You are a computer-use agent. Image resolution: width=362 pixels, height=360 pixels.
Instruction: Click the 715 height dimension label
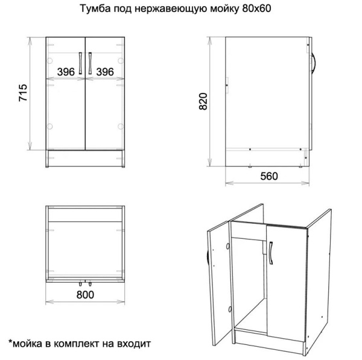(23, 94)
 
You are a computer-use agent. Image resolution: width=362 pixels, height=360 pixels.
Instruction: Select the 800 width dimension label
(86, 295)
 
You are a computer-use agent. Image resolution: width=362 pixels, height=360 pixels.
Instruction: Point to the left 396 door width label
(66, 72)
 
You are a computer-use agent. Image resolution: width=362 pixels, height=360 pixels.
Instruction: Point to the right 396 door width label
(105, 72)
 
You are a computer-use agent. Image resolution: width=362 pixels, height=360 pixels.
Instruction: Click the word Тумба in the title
(94, 10)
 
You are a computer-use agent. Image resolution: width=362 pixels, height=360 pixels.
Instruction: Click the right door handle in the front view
(89, 63)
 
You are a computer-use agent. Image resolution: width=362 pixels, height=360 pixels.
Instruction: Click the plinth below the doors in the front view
(85, 159)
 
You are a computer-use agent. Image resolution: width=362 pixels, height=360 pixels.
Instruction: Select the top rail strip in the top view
(85, 214)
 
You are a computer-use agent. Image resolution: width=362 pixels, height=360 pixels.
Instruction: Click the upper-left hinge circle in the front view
(50, 61)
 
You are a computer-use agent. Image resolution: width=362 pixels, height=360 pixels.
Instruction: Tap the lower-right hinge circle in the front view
(121, 126)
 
